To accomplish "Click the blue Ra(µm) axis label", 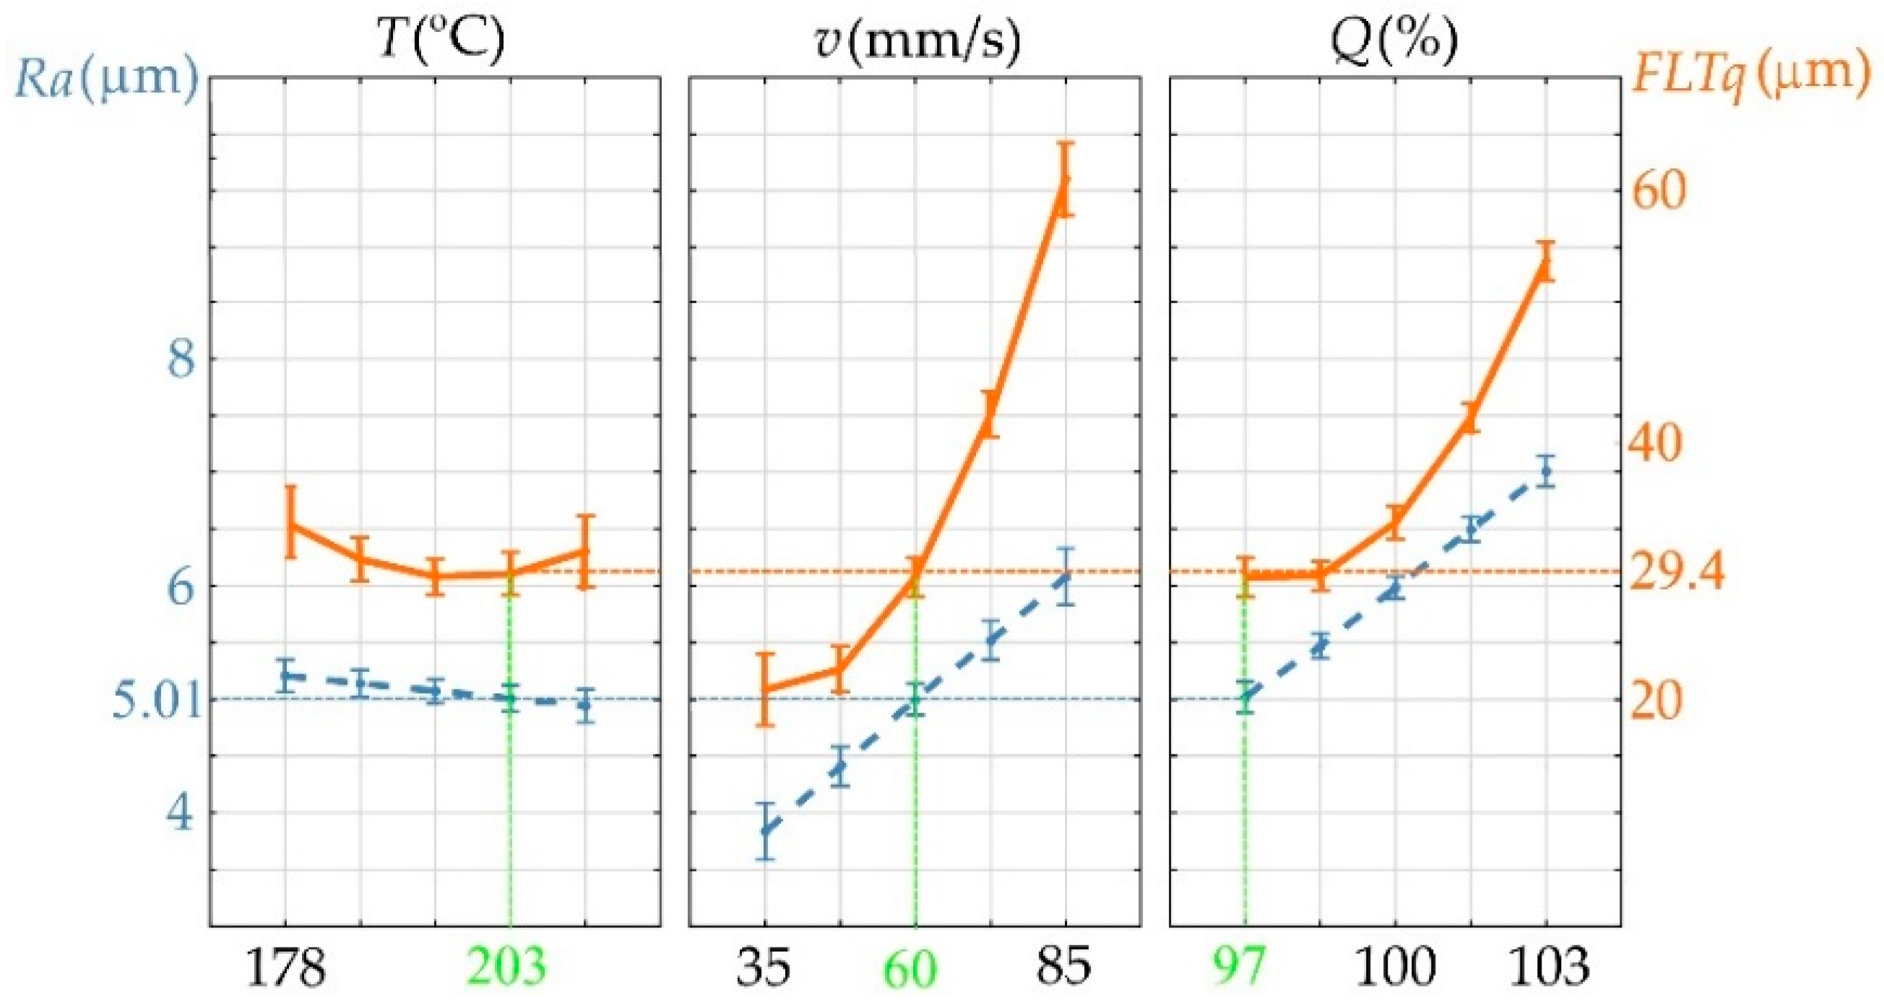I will point(107,79).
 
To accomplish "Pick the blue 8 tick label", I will point(182,360).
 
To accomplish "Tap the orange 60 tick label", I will point(1659,191).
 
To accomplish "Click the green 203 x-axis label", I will point(507,966).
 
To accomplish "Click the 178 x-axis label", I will point(286,967).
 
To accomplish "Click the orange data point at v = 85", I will point(1065,180).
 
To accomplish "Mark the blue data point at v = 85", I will point(1066,577).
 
